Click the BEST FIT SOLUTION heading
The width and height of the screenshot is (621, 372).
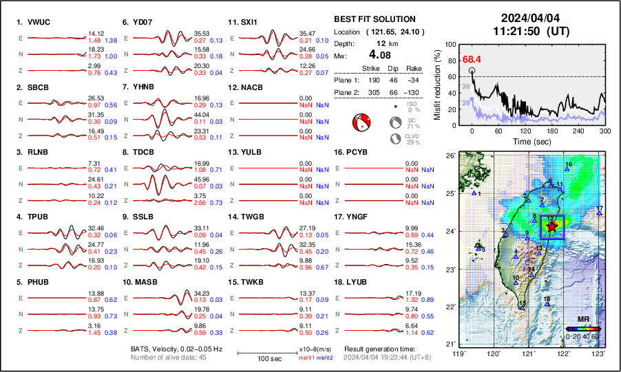[375, 19]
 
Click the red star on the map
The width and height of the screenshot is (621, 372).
[551, 226]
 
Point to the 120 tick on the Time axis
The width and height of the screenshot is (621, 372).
[525, 131]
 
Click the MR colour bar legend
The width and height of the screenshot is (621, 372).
[583, 328]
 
